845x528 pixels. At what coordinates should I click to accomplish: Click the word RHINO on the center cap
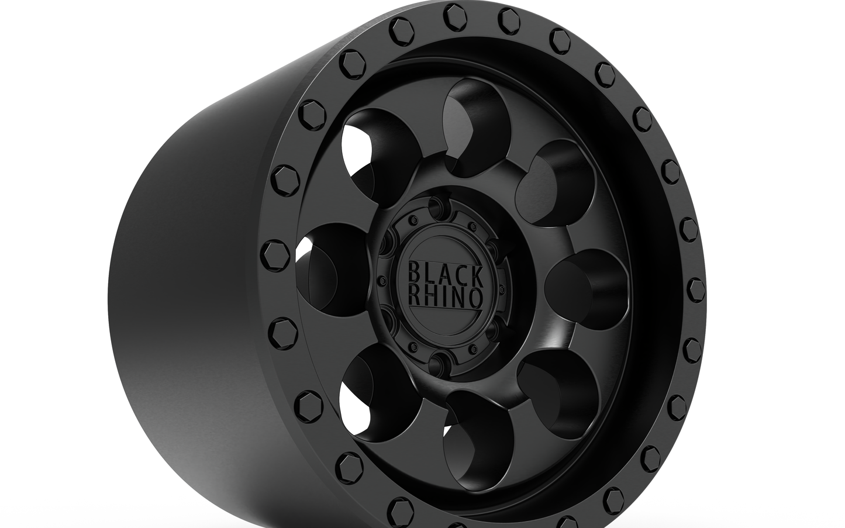click(446, 298)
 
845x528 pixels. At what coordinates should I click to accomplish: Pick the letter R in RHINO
click(414, 297)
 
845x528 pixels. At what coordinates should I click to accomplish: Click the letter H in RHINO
click(428, 297)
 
